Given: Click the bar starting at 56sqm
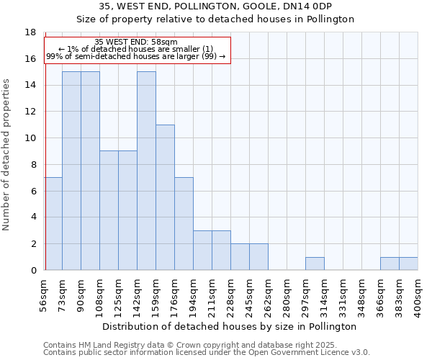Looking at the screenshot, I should tap(53, 223).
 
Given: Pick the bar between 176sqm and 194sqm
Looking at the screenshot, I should tap(184, 223).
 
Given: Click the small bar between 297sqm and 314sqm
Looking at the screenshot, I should tap(315, 264).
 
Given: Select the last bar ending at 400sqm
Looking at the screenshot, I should tap(408, 264).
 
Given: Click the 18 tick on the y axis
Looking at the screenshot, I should tap(30, 32).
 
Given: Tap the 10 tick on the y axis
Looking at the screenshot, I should tap(30, 138).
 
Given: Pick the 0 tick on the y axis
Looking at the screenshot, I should tap(33, 270).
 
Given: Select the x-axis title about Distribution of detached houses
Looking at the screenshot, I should tap(230, 326).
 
